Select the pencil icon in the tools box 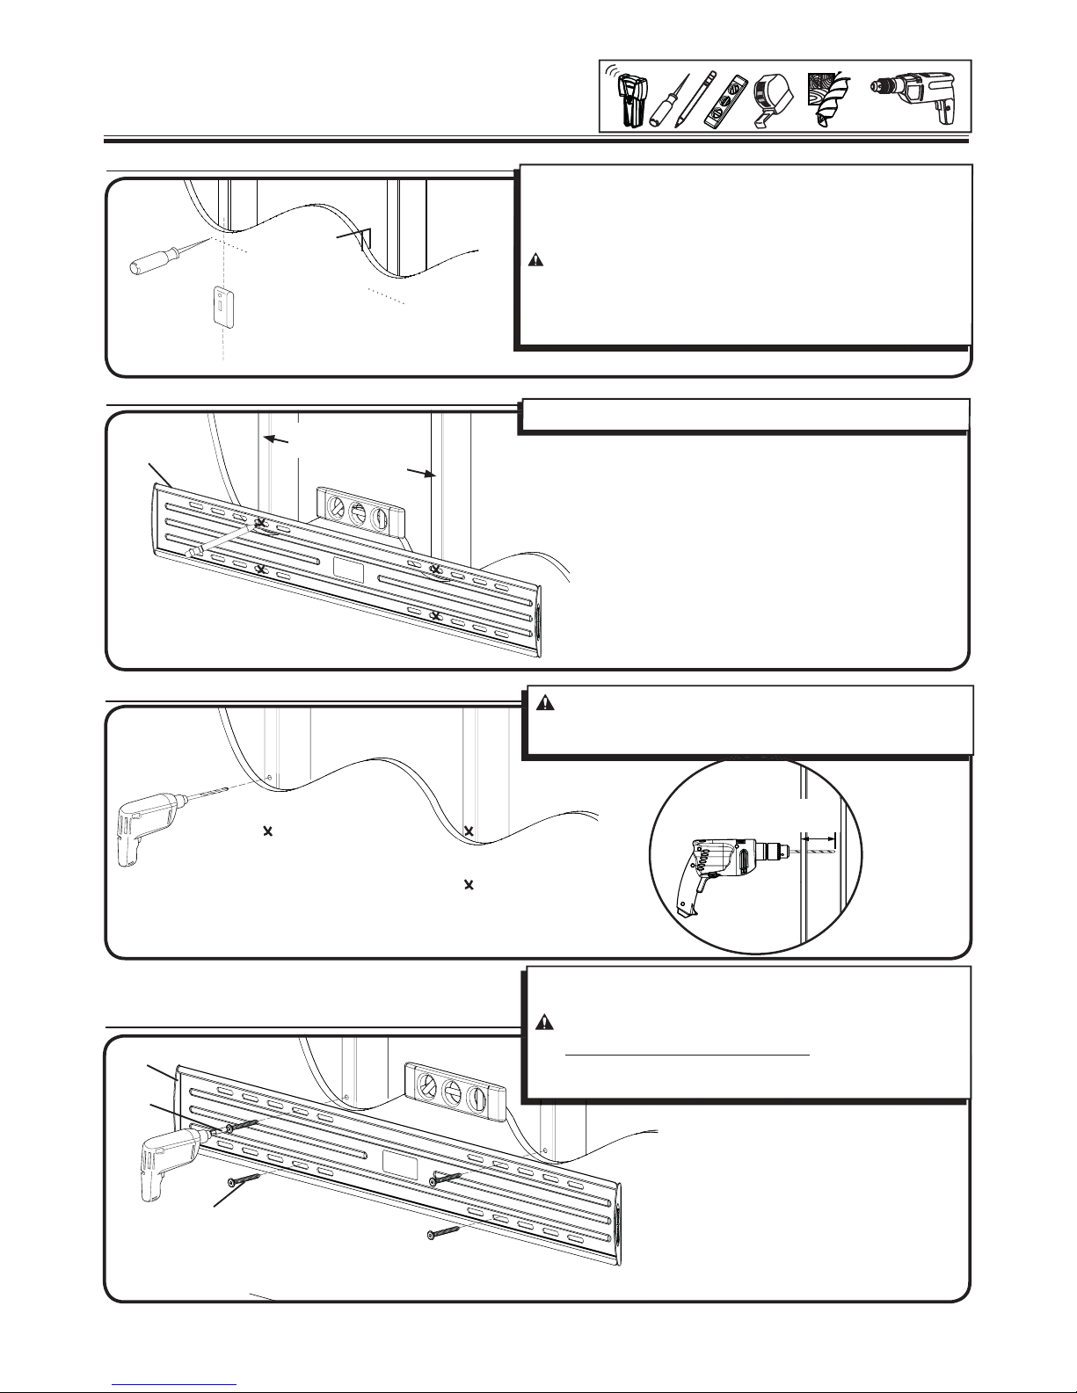point(695,99)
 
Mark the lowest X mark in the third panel point(469,884)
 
